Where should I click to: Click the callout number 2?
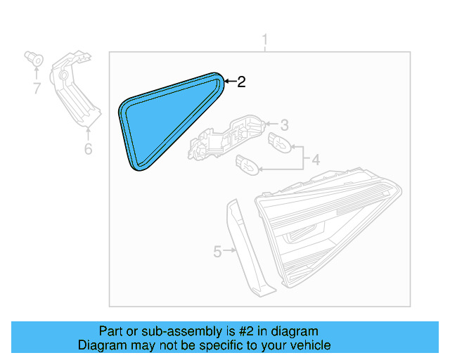tap(241, 82)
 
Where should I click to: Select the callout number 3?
tap(284, 126)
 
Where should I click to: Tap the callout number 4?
tap(316, 160)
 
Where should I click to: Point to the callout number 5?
tap(217, 251)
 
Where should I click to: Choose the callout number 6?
tap(88, 149)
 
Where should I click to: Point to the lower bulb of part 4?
tap(247, 165)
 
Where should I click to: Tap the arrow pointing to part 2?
tap(229, 82)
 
